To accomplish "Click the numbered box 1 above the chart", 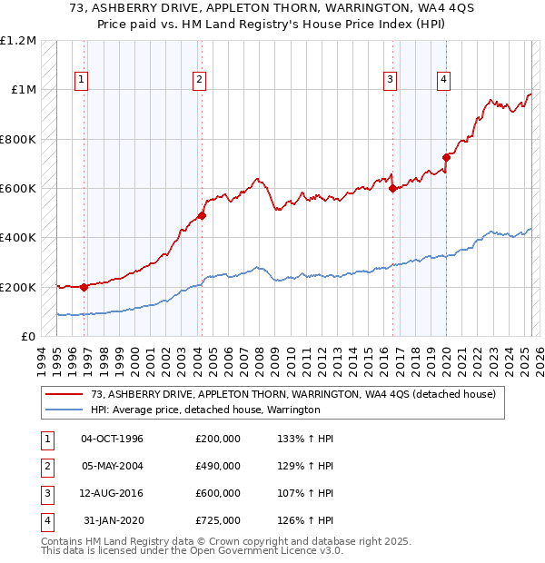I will (x=82, y=80).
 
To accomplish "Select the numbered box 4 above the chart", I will (x=444, y=80).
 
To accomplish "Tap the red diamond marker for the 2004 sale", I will (x=202, y=216).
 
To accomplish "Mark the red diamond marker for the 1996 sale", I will (x=84, y=287).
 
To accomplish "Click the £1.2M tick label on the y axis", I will (x=18, y=41).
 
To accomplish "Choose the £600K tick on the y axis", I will (x=18, y=189).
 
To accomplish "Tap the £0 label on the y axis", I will (x=28, y=337).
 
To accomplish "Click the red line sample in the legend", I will (x=64, y=394).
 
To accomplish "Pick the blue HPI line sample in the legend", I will (x=64, y=410).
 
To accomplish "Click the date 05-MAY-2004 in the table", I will (x=113, y=466).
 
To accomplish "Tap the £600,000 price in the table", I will (x=218, y=493).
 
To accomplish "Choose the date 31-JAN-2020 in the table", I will (x=113, y=520).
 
